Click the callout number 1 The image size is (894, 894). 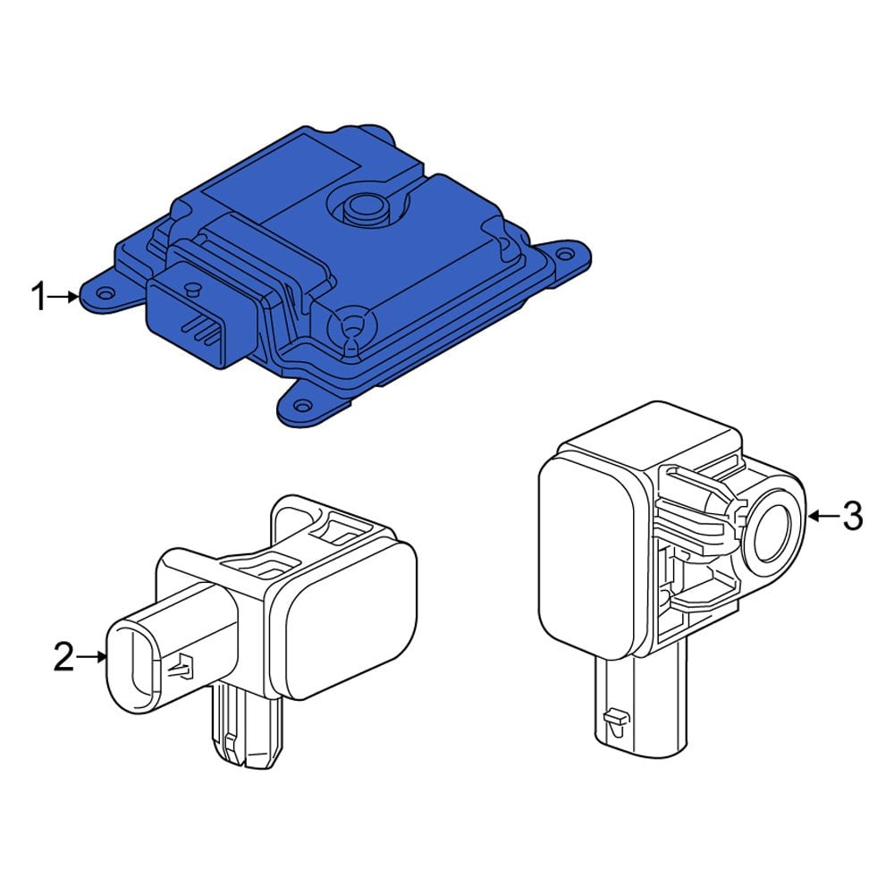tap(38, 297)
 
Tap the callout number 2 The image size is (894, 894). tap(63, 658)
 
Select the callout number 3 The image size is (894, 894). tap(853, 515)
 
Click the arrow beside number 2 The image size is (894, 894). tap(92, 658)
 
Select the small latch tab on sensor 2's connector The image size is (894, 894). tap(184, 665)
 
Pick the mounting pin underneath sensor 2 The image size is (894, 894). tap(246, 729)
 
